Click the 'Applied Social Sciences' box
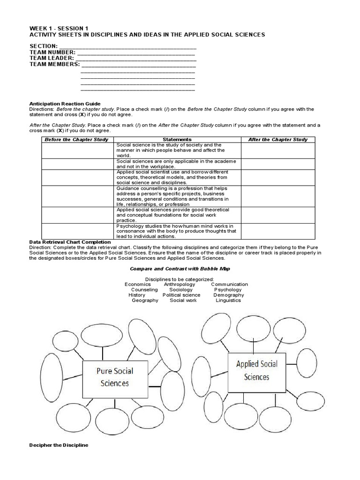[256, 370]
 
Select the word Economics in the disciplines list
[138, 284]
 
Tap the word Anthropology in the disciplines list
[180, 284]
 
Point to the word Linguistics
[228, 300]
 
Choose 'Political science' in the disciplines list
[181, 295]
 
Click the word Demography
[229, 295]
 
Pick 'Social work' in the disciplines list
[183, 300]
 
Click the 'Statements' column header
[177, 140]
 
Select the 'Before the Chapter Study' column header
[76, 140]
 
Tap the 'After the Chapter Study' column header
[278, 140]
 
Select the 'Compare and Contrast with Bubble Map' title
[180, 269]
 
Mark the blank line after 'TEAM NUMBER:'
[136, 52]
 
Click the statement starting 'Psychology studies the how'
[176, 231]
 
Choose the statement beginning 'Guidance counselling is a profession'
[176, 196]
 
